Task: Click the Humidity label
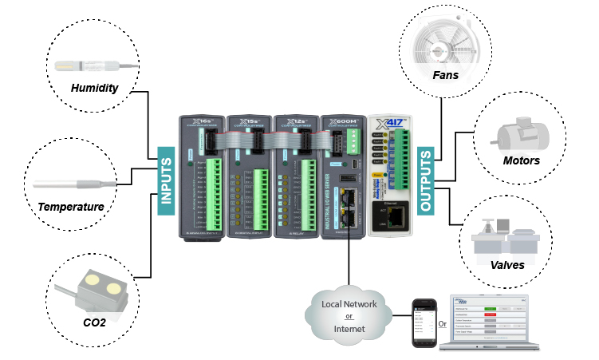click(94, 88)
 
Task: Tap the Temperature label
click(72, 207)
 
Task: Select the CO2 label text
click(94, 322)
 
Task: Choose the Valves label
click(507, 264)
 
